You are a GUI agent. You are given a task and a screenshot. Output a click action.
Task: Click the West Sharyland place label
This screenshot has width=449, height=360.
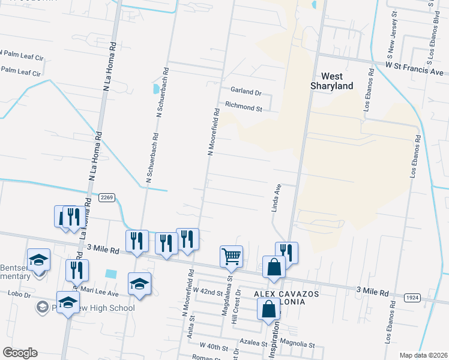[332, 81]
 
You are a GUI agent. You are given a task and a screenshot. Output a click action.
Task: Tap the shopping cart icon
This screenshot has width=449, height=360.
[231, 256]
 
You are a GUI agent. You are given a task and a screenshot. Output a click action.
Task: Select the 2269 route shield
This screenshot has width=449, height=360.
[107, 197]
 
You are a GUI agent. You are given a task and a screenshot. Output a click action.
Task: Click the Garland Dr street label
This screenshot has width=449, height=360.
[246, 92]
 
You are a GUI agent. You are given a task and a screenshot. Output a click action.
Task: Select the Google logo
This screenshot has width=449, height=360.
[20, 353]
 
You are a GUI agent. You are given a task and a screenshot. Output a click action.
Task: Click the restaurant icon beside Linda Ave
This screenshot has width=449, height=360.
[287, 252]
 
